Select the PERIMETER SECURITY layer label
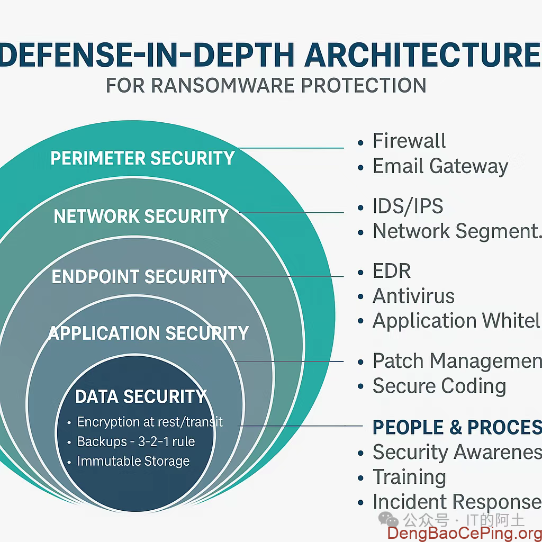pyautogui.click(x=142, y=158)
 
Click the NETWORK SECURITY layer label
pyautogui.click(x=141, y=216)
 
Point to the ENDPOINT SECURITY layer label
pyautogui.click(x=140, y=277)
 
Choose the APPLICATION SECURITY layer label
pyautogui.click(x=149, y=333)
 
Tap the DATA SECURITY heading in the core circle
pyautogui.click(x=140, y=396)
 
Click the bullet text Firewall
pyautogui.click(x=409, y=141)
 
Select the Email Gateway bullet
pyautogui.click(x=440, y=166)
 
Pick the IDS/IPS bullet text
pyautogui.click(x=408, y=206)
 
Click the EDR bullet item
pyautogui.click(x=392, y=271)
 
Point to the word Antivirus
pyautogui.click(x=413, y=296)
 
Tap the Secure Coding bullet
pyautogui.click(x=439, y=386)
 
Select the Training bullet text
pyautogui.click(x=409, y=477)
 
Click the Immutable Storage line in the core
pyautogui.click(x=133, y=461)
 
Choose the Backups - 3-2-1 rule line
pyautogui.click(x=135, y=441)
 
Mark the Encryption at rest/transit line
pyautogui.click(x=150, y=422)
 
